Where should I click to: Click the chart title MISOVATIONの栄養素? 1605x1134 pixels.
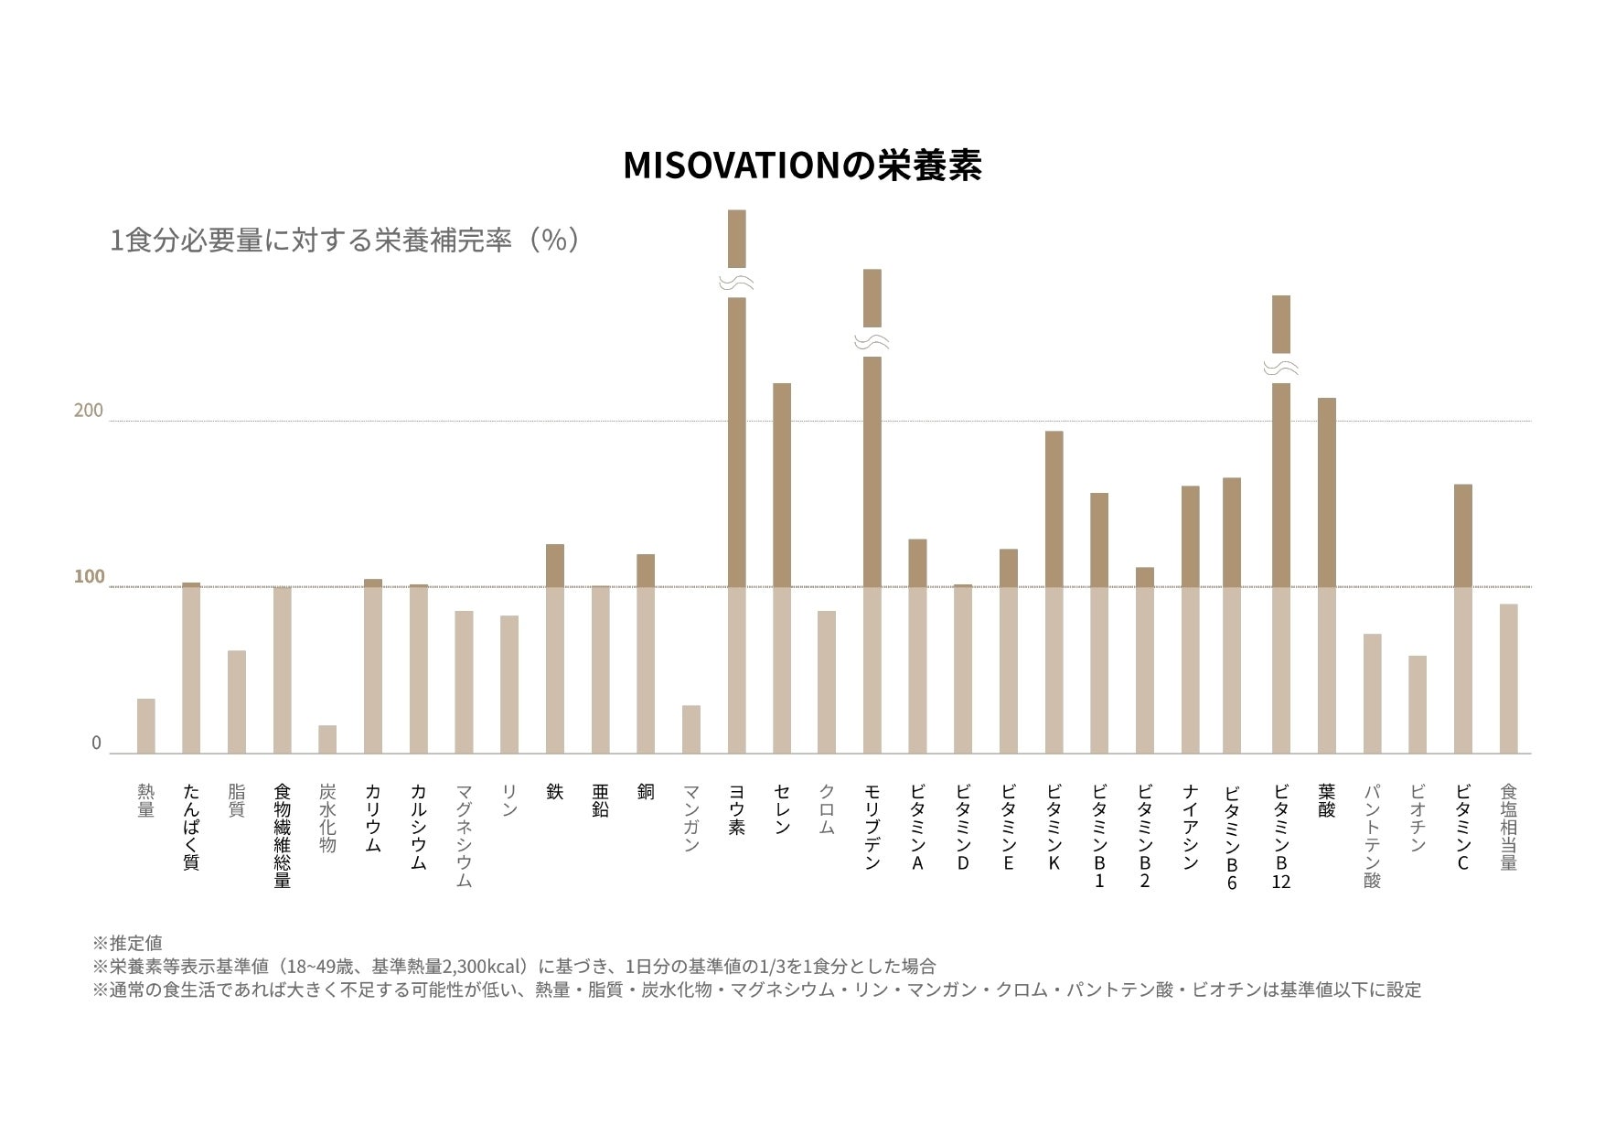coord(802,166)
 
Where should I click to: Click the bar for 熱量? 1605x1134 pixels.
coord(146,726)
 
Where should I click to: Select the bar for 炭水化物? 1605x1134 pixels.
coord(327,739)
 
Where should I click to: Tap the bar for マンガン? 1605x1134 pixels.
coord(691,729)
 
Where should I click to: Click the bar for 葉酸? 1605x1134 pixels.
coord(1326,575)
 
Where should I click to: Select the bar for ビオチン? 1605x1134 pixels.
coord(1418,704)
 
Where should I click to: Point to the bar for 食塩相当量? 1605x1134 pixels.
coord(1508,679)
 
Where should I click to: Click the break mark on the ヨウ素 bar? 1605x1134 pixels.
coord(736,283)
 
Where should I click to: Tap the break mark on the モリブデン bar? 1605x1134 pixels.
coord(872,342)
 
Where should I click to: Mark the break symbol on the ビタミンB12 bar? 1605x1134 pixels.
coord(1281,368)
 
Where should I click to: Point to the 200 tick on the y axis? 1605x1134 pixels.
coord(89,411)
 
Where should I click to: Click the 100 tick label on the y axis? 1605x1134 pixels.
coord(89,577)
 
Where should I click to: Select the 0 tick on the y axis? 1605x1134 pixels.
coord(96,744)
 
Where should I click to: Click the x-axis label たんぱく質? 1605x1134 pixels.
coord(191,827)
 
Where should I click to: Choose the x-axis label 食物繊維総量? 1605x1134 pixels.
coord(282,836)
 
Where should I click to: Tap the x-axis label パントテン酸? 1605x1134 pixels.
coord(1372,836)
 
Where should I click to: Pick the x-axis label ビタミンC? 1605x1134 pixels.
coord(1462,827)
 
